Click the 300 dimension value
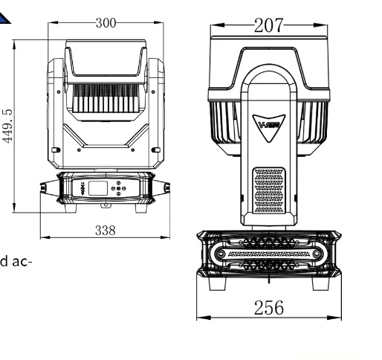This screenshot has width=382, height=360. pos(106,23)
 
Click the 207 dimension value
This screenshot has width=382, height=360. pos(268,25)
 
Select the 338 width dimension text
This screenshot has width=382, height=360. pos(106,231)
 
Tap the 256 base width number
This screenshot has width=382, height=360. pos(269,308)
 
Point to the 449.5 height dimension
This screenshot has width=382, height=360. pos(7,126)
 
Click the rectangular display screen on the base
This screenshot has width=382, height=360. pos(98,188)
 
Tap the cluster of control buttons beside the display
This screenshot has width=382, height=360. pos(118,188)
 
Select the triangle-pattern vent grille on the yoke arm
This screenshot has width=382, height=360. pos(269,190)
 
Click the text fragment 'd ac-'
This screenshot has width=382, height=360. pos(16,262)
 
